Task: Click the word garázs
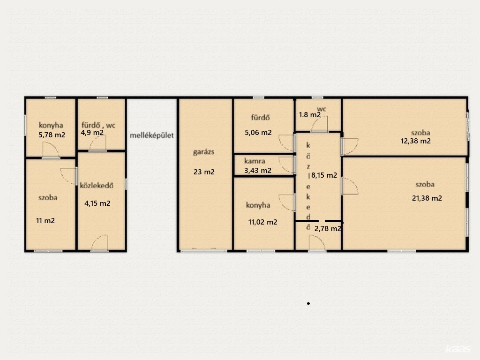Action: pyautogui.click(x=203, y=152)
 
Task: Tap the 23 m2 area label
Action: pyautogui.click(x=204, y=172)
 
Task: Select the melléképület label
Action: pyautogui.click(x=151, y=135)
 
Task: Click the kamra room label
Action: pyautogui.click(x=255, y=161)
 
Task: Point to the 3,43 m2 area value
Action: pyautogui.click(x=258, y=171)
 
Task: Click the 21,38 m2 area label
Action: pyautogui.click(x=427, y=198)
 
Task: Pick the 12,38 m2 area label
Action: pyautogui.click(x=416, y=141)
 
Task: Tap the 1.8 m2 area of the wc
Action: pyautogui.click(x=310, y=115)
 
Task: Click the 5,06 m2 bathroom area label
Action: pyautogui.click(x=258, y=133)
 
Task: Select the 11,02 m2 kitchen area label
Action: pyautogui.click(x=262, y=222)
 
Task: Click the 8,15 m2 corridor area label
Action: pyautogui.click(x=324, y=175)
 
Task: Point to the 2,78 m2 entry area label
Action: pyautogui.click(x=328, y=229)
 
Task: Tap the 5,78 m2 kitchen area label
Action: pyautogui.click(x=52, y=135)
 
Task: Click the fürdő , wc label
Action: pyautogui.click(x=98, y=125)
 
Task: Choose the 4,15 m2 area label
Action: pyautogui.click(x=97, y=203)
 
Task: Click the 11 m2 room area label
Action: pyautogui.click(x=45, y=221)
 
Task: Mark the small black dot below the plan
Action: pyautogui.click(x=308, y=303)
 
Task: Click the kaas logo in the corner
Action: pyautogui.click(x=458, y=349)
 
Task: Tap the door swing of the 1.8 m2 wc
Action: pyautogui.click(x=320, y=124)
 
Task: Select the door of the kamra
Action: pyautogui.click(x=287, y=165)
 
